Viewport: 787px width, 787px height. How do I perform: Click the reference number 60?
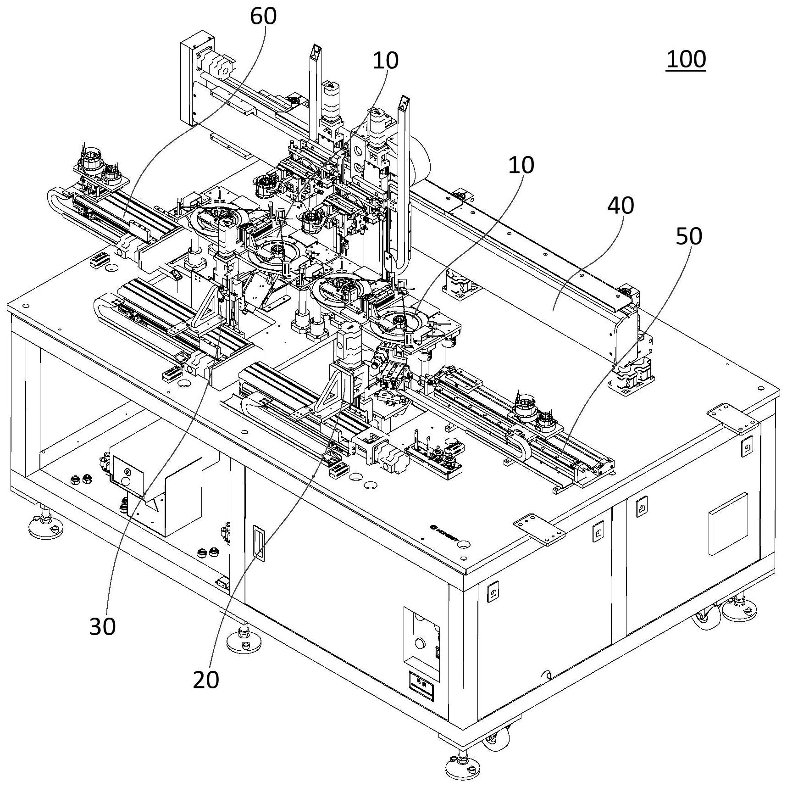pyautogui.click(x=263, y=16)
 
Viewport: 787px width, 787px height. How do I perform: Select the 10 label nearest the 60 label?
pyautogui.click(x=385, y=60)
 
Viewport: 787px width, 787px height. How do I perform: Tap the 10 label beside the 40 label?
pyautogui.click(x=521, y=165)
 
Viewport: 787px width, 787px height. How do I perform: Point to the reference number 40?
pyautogui.click(x=621, y=206)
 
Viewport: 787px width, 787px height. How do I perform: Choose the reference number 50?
pyautogui.click(x=689, y=236)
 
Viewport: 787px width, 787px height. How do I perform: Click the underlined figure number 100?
pyautogui.click(x=686, y=60)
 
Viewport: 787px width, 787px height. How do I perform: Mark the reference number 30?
pyautogui.click(x=102, y=626)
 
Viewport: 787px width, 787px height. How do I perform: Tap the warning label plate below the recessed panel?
pyautogui.click(x=421, y=686)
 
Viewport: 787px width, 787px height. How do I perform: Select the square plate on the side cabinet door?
pyautogui.click(x=728, y=524)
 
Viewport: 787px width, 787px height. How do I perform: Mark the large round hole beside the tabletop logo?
pyautogui.click(x=464, y=544)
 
